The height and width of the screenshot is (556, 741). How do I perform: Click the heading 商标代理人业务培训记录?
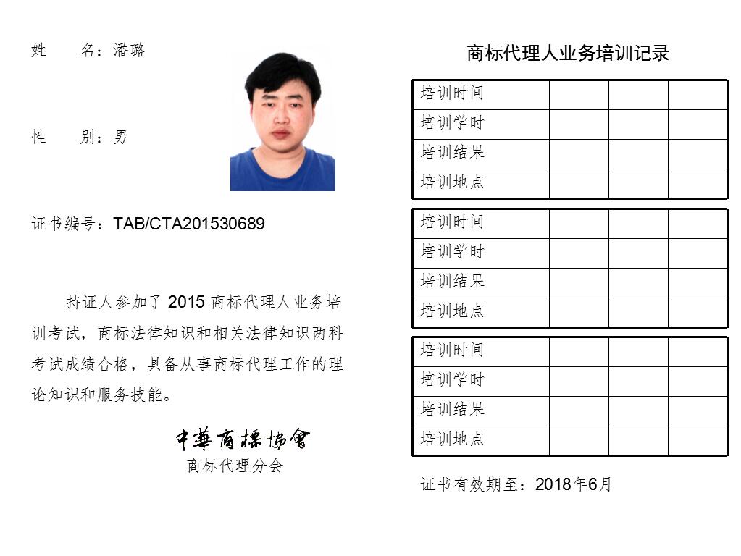click(x=568, y=53)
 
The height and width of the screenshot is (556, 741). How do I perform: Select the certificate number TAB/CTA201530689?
click(x=189, y=224)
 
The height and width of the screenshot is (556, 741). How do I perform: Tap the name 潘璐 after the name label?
click(x=129, y=50)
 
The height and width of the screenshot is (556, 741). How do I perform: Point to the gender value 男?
click(x=120, y=137)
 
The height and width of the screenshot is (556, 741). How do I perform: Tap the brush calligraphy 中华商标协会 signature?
click(x=242, y=438)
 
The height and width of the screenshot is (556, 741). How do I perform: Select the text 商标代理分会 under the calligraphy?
click(x=235, y=466)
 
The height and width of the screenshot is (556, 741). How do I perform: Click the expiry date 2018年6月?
click(x=574, y=484)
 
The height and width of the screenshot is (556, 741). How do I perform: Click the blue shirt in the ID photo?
click(x=282, y=174)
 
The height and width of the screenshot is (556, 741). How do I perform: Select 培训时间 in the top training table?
click(x=452, y=93)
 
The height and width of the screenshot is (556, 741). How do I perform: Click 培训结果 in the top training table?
click(x=452, y=153)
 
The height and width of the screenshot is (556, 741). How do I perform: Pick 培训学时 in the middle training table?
click(x=452, y=252)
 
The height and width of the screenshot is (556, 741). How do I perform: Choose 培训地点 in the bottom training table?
click(x=452, y=439)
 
